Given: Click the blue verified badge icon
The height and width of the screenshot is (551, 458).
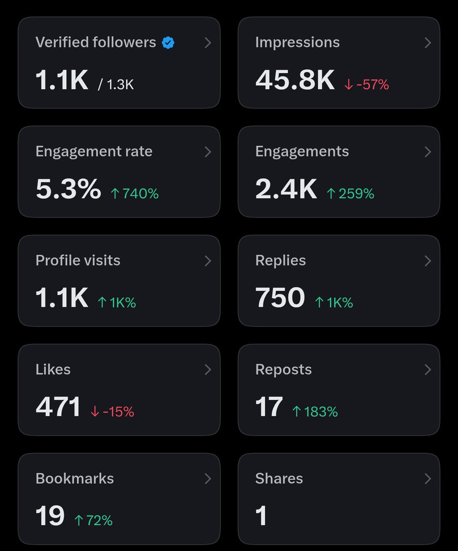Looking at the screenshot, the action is click(168, 43).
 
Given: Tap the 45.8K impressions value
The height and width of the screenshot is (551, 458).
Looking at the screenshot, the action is click(295, 80).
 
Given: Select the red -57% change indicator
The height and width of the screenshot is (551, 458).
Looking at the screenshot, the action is click(366, 84).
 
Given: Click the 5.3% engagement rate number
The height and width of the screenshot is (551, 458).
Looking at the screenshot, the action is click(69, 189).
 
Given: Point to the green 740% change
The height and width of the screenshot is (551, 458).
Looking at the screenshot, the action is click(135, 193).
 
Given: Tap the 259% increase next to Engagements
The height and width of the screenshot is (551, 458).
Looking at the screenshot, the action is click(350, 193).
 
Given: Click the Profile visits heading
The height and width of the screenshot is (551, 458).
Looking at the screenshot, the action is click(78, 260).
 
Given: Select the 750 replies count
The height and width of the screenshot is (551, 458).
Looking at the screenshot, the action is click(280, 298).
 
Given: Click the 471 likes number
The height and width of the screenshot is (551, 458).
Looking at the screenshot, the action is click(58, 407).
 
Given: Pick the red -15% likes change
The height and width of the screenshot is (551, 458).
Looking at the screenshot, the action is click(112, 412).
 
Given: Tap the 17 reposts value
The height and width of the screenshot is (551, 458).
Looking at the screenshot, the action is click(269, 407).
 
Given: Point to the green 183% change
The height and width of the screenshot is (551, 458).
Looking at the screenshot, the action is click(315, 412).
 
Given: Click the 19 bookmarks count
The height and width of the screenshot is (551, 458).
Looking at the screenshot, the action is click(50, 516).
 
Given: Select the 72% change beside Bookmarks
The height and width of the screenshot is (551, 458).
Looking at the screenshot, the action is click(93, 521).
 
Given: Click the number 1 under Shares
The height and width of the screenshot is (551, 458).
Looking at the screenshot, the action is click(261, 516).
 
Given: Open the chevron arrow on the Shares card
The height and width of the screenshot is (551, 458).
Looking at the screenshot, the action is click(428, 479).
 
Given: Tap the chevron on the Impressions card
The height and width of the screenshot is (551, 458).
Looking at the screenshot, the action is click(428, 43).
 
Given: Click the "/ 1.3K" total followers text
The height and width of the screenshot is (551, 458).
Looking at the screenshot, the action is click(116, 84).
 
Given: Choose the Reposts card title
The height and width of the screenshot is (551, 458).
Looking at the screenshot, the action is click(283, 370).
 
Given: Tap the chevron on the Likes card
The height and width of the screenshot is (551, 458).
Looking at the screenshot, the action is click(208, 370).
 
